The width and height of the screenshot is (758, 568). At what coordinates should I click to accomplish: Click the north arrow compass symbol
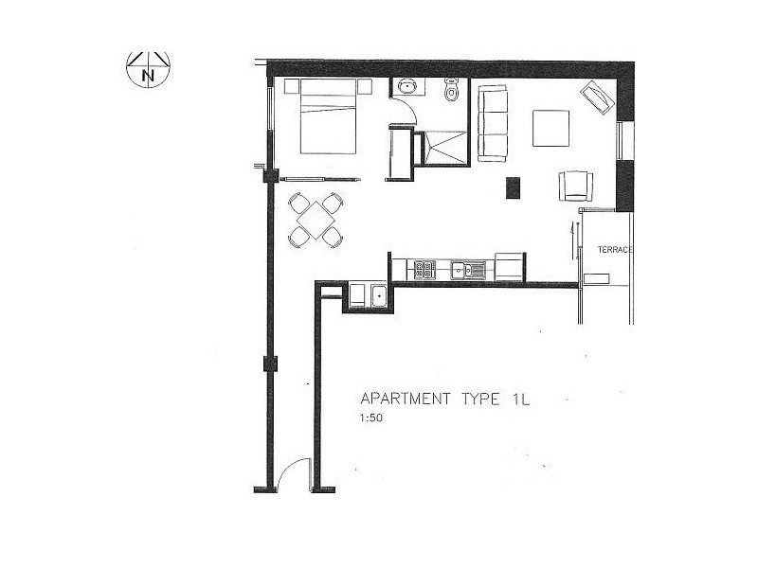click(x=148, y=69)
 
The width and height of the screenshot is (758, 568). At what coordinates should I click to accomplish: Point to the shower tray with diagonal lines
click(x=444, y=148)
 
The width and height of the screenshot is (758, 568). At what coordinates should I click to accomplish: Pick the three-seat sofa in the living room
click(x=493, y=123)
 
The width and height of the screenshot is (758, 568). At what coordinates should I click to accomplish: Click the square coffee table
click(x=550, y=128)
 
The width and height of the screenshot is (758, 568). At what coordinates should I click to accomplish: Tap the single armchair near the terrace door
click(x=576, y=185)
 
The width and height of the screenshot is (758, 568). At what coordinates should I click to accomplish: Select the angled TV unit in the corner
click(x=597, y=98)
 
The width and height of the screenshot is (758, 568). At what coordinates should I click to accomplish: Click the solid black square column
click(x=514, y=187)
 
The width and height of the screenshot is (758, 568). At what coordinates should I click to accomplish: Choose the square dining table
click(x=315, y=220)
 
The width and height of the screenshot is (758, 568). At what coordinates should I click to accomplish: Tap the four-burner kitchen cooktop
click(x=424, y=270)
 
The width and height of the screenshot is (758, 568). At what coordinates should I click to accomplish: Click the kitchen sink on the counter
click(x=468, y=270)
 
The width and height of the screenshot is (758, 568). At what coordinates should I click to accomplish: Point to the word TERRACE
click(x=614, y=249)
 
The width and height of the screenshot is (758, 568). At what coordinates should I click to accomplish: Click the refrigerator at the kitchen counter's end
click(x=509, y=267)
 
